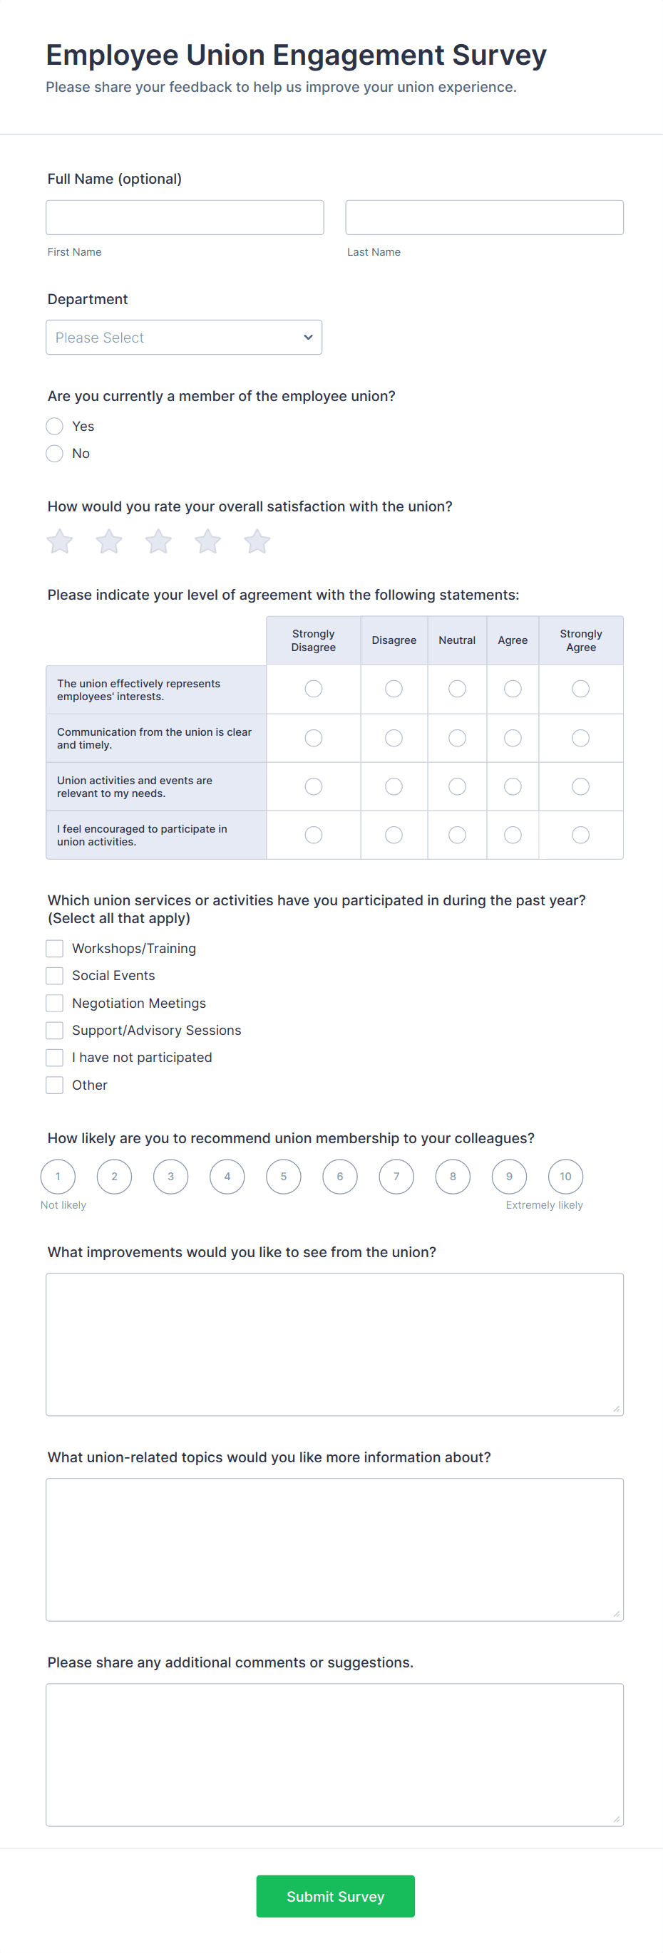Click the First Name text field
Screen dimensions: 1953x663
click(185, 217)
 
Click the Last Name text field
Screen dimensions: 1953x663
click(484, 217)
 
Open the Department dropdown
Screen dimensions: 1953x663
click(184, 338)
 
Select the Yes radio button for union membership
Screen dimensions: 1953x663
click(55, 426)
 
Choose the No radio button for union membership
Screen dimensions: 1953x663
click(55, 454)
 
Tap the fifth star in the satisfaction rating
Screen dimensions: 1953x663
click(257, 541)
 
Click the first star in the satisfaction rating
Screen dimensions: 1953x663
click(60, 541)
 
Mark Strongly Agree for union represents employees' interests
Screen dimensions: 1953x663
click(580, 689)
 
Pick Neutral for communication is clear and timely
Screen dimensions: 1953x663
click(457, 738)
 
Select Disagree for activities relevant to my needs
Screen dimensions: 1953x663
click(394, 786)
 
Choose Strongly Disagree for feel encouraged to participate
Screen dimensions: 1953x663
click(313, 835)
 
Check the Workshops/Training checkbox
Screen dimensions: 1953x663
click(55, 949)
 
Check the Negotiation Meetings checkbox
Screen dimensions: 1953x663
click(55, 1003)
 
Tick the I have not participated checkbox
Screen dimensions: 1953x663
click(55, 1058)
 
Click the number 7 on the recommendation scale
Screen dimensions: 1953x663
click(396, 1177)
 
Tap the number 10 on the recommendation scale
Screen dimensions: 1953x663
click(565, 1177)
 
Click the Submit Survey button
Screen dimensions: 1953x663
click(335, 1896)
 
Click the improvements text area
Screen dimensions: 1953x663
click(334, 1344)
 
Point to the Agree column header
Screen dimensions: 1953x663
click(513, 640)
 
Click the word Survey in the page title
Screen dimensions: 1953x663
click(499, 56)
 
